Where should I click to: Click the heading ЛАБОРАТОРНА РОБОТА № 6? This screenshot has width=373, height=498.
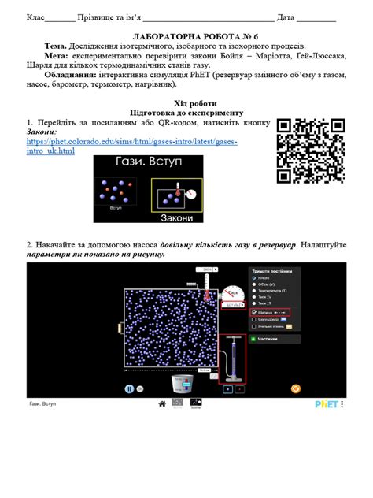(x=186, y=36)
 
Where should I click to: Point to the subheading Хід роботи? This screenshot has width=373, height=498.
(x=185, y=103)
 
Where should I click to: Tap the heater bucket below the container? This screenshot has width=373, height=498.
(x=182, y=384)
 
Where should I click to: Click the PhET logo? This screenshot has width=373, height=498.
(x=329, y=403)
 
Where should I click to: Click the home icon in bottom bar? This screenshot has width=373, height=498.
(x=162, y=403)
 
